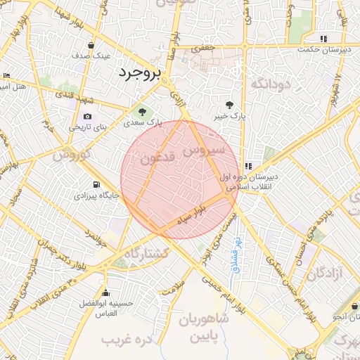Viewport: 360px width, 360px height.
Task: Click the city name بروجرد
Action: [139, 72]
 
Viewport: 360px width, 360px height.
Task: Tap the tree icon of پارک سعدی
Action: [142, 111]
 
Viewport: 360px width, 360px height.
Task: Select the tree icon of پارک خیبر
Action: [229, 104]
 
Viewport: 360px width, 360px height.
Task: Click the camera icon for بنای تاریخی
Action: [87, 117]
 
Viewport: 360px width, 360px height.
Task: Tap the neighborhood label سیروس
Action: [203, 150]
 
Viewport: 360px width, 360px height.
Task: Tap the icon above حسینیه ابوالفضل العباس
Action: [106, 292]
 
